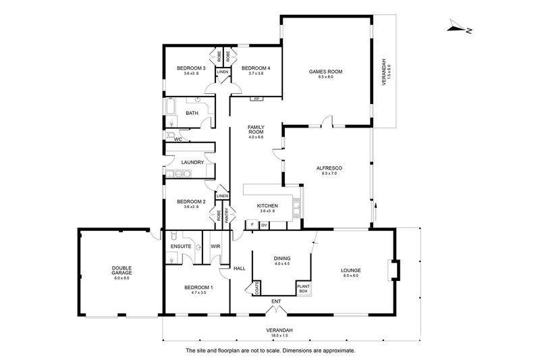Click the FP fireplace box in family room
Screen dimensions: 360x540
pos(256,99)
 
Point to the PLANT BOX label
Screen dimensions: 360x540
pos(303,288)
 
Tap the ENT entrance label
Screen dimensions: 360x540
pos(275,301)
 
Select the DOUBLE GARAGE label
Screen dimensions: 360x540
pos(121,271)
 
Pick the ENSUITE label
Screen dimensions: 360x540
pos(181,247)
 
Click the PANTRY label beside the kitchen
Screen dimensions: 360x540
pos(227,215)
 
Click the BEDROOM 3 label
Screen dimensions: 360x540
pos(191,68)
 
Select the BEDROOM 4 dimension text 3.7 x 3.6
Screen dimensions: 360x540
pos(255,74)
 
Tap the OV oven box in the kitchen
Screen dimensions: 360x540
pos(264,224)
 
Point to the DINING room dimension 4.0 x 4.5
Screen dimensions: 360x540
pos(281,263)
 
